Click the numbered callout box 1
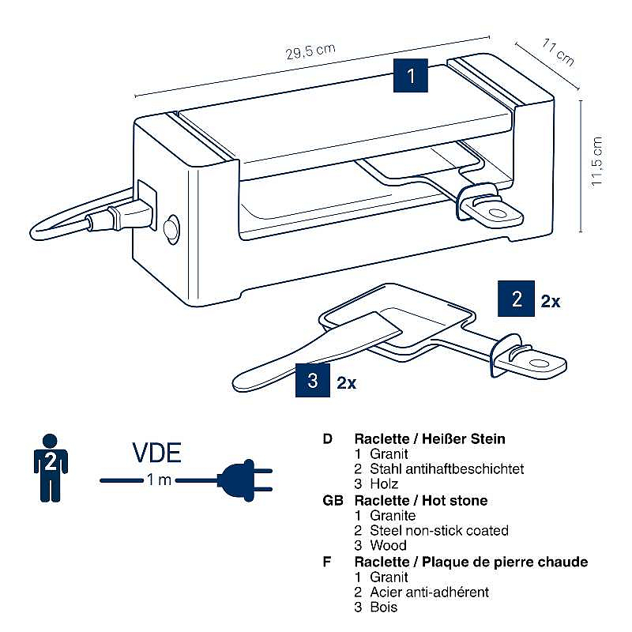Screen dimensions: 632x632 coord(410,77)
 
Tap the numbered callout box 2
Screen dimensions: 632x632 coord(517,299)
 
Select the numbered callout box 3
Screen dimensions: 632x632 coord(313,382)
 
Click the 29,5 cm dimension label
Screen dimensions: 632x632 coord(310,53)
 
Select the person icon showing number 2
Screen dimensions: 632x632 coord(50,466)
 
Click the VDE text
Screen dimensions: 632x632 coord(156,453)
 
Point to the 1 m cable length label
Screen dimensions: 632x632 coord(158,480)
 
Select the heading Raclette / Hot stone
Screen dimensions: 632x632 coord(421,500)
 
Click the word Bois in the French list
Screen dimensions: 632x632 coord(383,607)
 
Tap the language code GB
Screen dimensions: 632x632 coord(332,500)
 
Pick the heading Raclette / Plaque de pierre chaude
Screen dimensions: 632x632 coord(471,562)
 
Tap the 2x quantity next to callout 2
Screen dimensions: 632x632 coord(550,301)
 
